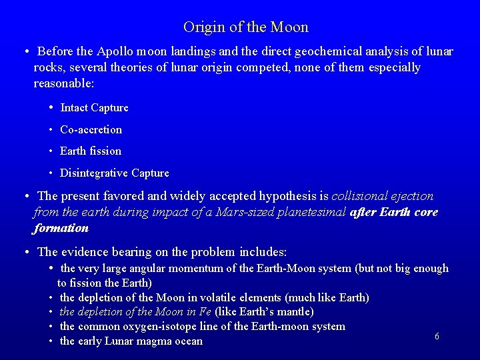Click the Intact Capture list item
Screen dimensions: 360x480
(94, 108)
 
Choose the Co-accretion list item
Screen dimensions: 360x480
(91, 129)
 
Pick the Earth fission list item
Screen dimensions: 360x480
(91, 151)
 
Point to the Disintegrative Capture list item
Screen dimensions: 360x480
(114, 173)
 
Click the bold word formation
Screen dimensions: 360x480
(61, 228)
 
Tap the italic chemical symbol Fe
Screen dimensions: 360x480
(205, 312)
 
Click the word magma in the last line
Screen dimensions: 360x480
(157, 341)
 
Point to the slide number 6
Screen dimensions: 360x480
(437, 337)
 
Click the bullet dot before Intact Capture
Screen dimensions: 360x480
(51, 107)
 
